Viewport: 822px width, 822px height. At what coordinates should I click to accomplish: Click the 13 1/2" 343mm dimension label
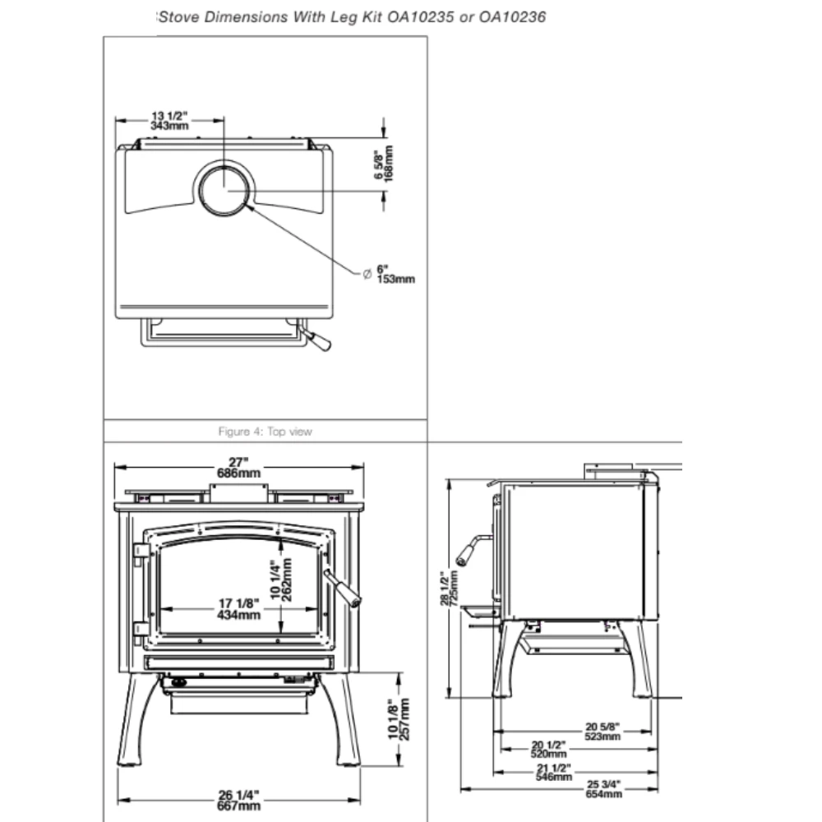point(169,122)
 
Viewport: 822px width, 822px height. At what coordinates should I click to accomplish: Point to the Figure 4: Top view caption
point(266,432)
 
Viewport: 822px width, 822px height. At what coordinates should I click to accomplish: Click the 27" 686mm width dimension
point(239,468)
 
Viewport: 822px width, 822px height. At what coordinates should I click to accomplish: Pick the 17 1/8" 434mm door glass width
point(239,609)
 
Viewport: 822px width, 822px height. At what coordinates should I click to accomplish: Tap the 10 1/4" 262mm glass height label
point(281,580)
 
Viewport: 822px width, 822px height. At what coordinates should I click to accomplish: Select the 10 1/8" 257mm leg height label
point(398,719)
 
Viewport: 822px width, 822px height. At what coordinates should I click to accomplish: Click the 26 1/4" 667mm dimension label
point(239,800)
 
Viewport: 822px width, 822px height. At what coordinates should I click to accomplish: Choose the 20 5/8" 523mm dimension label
point(603,732)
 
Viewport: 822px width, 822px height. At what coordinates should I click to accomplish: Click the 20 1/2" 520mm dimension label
point(549,749)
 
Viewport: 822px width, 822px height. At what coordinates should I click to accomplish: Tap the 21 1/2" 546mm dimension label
point(553,770)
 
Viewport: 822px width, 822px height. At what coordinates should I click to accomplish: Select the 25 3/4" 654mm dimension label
point(604,788)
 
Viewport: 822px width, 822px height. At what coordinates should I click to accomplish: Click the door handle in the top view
point(316,339)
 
